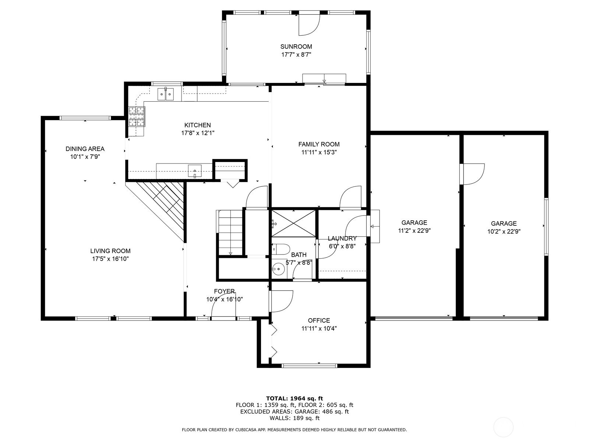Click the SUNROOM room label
pos(296,46)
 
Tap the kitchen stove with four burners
pos(137,116)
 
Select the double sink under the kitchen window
pos(165,94)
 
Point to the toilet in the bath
pos(281,249)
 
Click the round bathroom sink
pos(279,268)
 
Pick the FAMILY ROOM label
pos(319,144)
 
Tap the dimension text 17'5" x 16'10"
pos(110,259)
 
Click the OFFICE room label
pos(319,320)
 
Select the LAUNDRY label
pos(342,238)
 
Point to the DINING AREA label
pos(85,149)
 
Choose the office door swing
pos(281,301)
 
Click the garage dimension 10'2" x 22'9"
pos(504,231)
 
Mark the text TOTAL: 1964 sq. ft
pos(294,399)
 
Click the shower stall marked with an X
pos(293,223)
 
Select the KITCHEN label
pos(197,125)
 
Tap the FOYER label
pos(224,291)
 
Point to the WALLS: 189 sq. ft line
pos(294,418)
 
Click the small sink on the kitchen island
pos(194,171)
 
